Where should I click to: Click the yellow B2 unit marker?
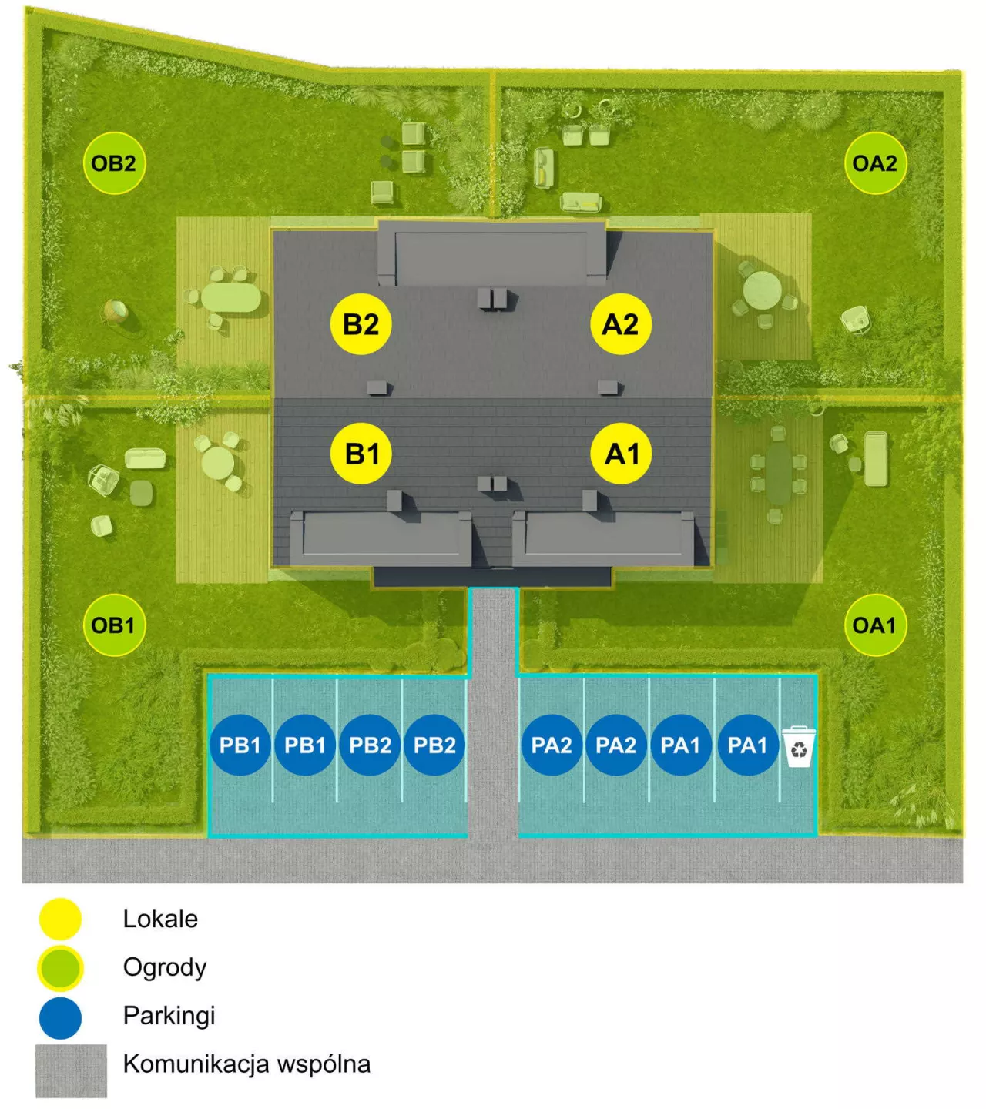pos(361,324)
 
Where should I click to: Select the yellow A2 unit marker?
pos(621,324)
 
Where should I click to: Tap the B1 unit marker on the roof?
pos(361,454)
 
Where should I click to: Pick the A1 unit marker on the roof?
pos(621,454)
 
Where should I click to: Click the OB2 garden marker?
pos(114,163)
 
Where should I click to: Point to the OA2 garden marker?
pos(875,163)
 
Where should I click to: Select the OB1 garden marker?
pos(114,625)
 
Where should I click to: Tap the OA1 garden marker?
pos(875,625)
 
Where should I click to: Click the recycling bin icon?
pos(799,746)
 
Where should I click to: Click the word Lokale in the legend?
pos(160,919)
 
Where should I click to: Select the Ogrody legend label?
pos(165,968)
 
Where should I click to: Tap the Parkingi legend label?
pos(169,1015)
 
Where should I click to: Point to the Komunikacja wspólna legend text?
pos(246,1064)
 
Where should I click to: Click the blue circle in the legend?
pos(60,1018)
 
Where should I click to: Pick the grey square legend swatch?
pos(71,1070)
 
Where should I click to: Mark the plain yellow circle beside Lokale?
pos(60,919)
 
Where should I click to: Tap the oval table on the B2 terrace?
pos(230,298)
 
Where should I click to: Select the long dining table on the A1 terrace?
pos(778,474)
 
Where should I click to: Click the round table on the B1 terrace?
pos(218,463)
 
